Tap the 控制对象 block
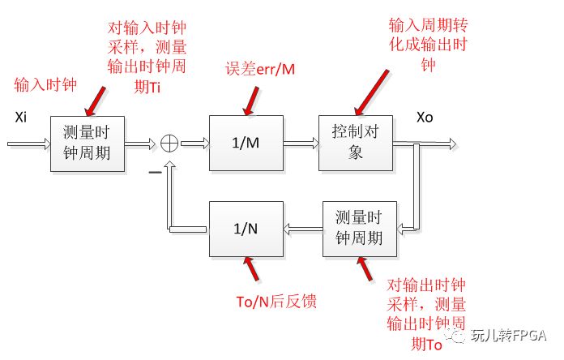point(355,143)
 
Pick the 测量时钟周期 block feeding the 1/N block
point(366,229)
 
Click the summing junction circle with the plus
point(170,144)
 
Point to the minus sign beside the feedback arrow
point(152,173)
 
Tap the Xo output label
point(425,118)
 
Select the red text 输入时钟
point(44,84)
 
